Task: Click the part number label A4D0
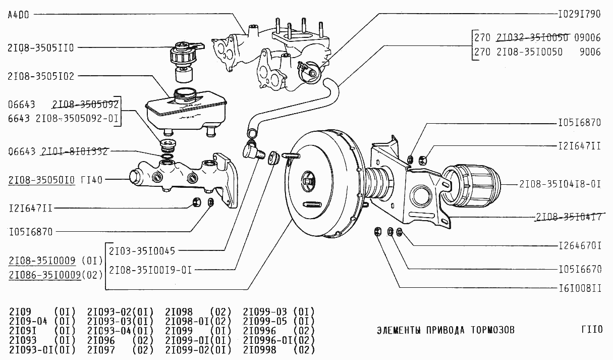tap(19, 15)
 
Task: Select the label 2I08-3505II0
tap(41, 48)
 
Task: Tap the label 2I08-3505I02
tap(41, 76)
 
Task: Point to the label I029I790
tap(579, 14)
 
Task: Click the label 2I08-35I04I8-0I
tap(560, 184)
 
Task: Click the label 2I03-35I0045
tap(142, 250)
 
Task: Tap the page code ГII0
tap(591, 330)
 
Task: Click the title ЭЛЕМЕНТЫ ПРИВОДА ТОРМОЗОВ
tap(445, 331)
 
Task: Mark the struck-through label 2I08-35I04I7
tap(568, 217)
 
